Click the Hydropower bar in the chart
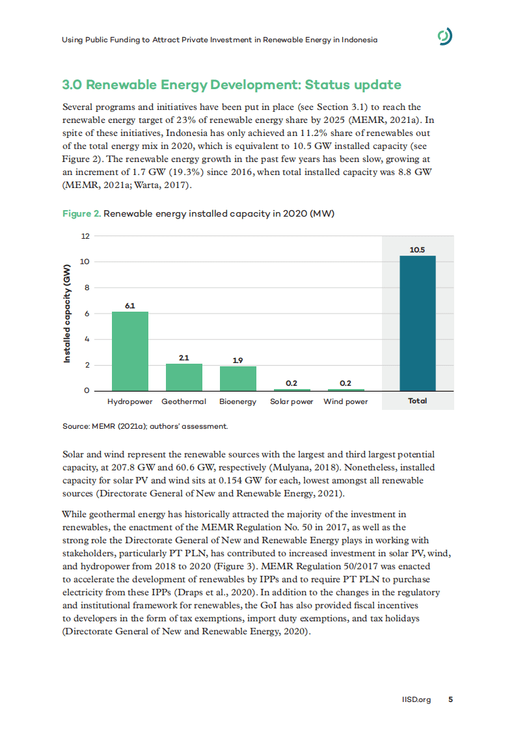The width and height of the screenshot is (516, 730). coord(130,351)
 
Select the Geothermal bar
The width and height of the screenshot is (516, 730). coord(184,377)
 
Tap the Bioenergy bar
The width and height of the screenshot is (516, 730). coord(238,379)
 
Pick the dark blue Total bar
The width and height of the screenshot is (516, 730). coord(417,323)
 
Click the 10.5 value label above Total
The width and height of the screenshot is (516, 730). coord(417,250)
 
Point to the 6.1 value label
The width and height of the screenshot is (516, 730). coord(130,305)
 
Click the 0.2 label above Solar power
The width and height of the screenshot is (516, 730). coord(292,383)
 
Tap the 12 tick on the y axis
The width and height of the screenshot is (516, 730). coord(85,236)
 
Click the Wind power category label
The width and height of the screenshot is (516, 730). coord(346,401)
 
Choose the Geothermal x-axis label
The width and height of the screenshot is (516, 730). coord(184,401)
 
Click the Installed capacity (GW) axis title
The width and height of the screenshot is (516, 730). coord(67,314)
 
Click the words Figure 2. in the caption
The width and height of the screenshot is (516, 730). coord(81,214)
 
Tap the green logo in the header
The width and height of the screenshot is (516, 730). coord(445,38)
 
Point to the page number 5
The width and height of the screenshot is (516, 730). coord(450,700)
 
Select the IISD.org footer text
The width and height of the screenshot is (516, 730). coord(417,700)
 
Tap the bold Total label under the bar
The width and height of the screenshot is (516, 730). coord(417,401)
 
